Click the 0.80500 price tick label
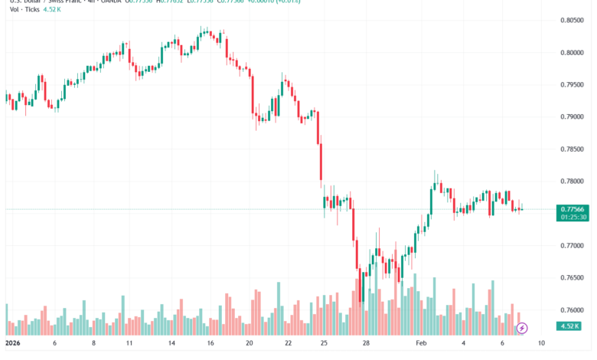pyautogui.click(x=573, y=21)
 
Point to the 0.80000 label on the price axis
pyautogui.click(x=573, y=53)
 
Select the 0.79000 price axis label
pyautogui.click(x=573, y=117)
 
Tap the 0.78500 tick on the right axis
pyautogui.click(x=573, y=149)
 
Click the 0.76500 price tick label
pyautogui.click(x=573, y=278)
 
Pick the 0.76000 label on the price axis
pyautogui.click(x=573, y=310)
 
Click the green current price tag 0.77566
pyautogui.click(x=573, y=209)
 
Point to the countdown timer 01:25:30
pyautogui.click(x=573, y=218)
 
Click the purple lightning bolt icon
pyautogui.click(x=522, y=329)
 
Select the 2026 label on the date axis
pyautogui.click(x=14, y=344)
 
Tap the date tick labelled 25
pyautogui.click(x=324, y=344)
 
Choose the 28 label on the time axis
pyautogui.click(x=367, y=344)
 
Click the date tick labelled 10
pyautogui.click(x=541, y=344)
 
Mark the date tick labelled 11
pyautogui.click(x=129, y=344)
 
